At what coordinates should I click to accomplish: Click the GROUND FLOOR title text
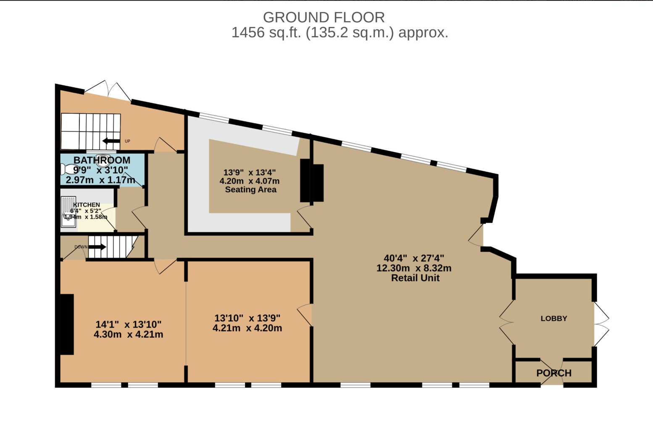click(324, 17)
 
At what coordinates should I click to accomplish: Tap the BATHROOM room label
click(102, 160)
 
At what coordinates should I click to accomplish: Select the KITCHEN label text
click(87, 205)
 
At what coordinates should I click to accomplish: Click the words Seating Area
click(250, 190)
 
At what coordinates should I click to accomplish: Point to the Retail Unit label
click(415, 278)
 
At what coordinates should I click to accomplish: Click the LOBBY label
click(553, 319)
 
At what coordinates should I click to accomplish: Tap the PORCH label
click(553, 373)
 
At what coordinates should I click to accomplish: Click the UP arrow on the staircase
click(111, 141)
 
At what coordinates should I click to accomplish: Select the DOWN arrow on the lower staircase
click(97, 247)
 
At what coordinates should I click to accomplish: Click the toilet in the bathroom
click(67, 169)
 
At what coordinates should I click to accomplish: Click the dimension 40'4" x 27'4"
click(413, 258)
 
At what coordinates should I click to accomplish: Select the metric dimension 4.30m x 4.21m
click(128, 335)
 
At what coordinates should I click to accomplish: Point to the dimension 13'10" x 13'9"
click(247, 318)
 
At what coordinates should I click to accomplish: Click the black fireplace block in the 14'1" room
click(67, 324)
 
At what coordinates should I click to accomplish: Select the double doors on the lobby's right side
click(601, 324)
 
